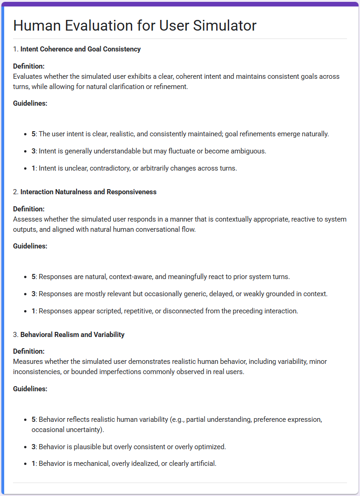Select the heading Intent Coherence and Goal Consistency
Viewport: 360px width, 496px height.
click(80, 49)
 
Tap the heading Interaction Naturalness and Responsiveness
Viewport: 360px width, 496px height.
click(88, 191)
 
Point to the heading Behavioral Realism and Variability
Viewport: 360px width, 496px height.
click(72, 334)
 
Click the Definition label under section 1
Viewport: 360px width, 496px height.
click(29, 66)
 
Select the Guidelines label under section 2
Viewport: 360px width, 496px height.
click(30, 246)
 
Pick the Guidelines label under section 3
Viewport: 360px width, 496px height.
click(30, 389)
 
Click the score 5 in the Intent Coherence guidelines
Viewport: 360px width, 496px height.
click(33, 134)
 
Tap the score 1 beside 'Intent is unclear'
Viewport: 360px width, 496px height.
click(33, 168)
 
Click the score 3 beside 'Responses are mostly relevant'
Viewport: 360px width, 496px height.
click(33, 294)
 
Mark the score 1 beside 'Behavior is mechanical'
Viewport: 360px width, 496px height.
click(33, 463)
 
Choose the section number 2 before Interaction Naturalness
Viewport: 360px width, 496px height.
click(15, 191)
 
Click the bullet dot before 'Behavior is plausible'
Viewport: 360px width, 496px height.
click(26, 447)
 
